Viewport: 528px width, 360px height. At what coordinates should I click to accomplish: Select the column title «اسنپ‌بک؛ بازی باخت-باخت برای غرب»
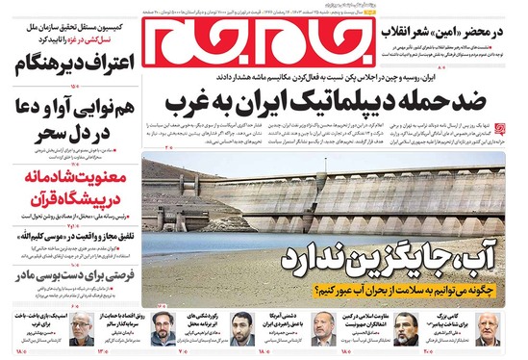[43, 321]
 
